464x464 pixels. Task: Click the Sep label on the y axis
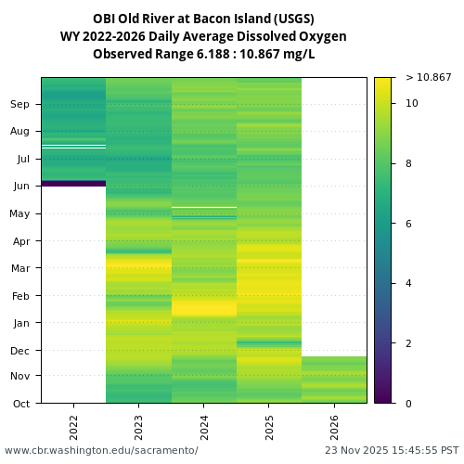(x=20, y=104)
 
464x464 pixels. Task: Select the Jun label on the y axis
(x=20, y=186)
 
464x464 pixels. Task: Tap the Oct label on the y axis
(x=20, y=403)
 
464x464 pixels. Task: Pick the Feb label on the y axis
(x=20, y=295)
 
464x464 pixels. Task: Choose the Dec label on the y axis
(x=20, y=350)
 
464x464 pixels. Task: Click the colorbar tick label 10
(x=411, y=103)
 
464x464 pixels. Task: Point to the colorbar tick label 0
(x=408, y=403)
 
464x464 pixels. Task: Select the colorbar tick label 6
(x=408, y=224)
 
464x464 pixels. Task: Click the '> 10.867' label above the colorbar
(x=428, y=77)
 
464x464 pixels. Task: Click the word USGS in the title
(x=294, y=19)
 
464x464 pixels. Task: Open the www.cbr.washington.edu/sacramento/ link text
(x=101, y=450)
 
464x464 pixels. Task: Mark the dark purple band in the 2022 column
(x=73, y=183)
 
